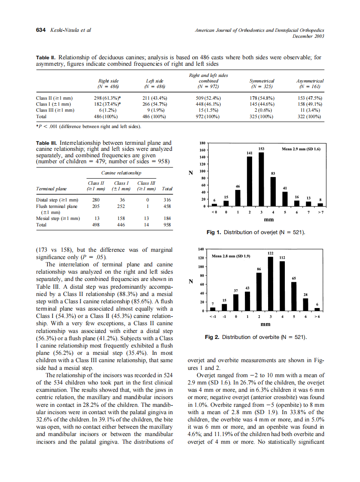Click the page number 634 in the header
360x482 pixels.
pos(40,30)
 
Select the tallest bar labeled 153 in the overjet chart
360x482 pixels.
pos(261,180)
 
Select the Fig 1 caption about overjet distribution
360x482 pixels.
pos(256,232)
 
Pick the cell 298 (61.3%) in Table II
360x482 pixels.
pos(109,98)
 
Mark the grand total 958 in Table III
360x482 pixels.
pos(168,224)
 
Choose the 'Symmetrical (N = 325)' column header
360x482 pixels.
pos(262,83)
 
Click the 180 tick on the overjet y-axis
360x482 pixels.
pos(203,143)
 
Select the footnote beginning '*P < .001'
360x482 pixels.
pos(88,126)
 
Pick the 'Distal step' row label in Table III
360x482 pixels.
pos(57,200)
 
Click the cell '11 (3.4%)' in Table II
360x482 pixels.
pos(310,110)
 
